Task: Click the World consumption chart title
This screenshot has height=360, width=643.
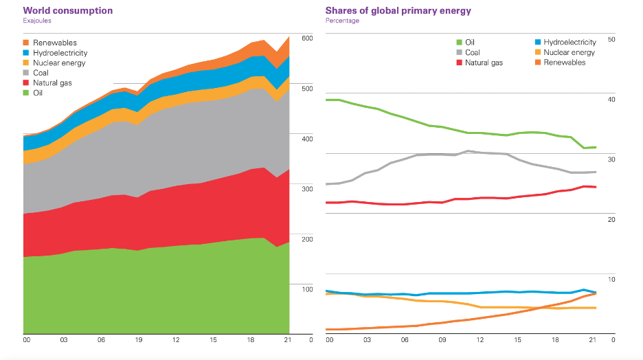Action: [x=68, y=11]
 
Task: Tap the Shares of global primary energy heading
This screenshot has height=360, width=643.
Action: [x=398, y=11]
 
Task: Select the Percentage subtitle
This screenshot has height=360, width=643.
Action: [x=342, y=21]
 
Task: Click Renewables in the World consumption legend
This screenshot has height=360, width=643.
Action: [x=55, y=43]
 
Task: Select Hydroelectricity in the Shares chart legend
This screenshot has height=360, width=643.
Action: [x=569, y=43]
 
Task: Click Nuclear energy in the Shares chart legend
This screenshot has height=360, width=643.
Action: [x=569, y=52]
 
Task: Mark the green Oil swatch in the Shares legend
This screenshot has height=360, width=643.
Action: [x=460, y=43]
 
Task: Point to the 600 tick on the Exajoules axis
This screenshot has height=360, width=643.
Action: [x=307, y=38]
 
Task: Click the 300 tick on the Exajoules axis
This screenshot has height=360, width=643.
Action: [x=307, y=188]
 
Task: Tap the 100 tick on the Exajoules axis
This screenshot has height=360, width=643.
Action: [x=307, y=289]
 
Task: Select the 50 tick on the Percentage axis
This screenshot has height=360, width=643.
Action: [x=611, y=39]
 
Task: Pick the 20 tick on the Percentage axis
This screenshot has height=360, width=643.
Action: [x=611, y=219]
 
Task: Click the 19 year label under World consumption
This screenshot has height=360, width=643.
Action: [x=139, y=340]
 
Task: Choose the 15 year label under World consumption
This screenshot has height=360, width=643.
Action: [x=214, y=340]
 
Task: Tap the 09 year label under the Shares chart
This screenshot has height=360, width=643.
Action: [x=442, y=340]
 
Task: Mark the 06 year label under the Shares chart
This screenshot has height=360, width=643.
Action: [x=405, y=340]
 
